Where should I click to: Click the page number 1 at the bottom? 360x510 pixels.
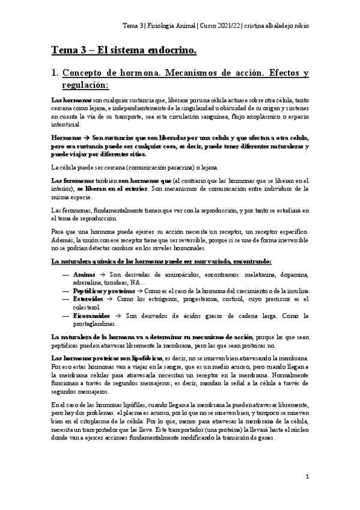click(307, 477)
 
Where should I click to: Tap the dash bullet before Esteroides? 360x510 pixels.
click(66, 299)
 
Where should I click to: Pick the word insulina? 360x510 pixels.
click(296, 290)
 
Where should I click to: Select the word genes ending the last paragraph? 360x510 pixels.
click(266, 438)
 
